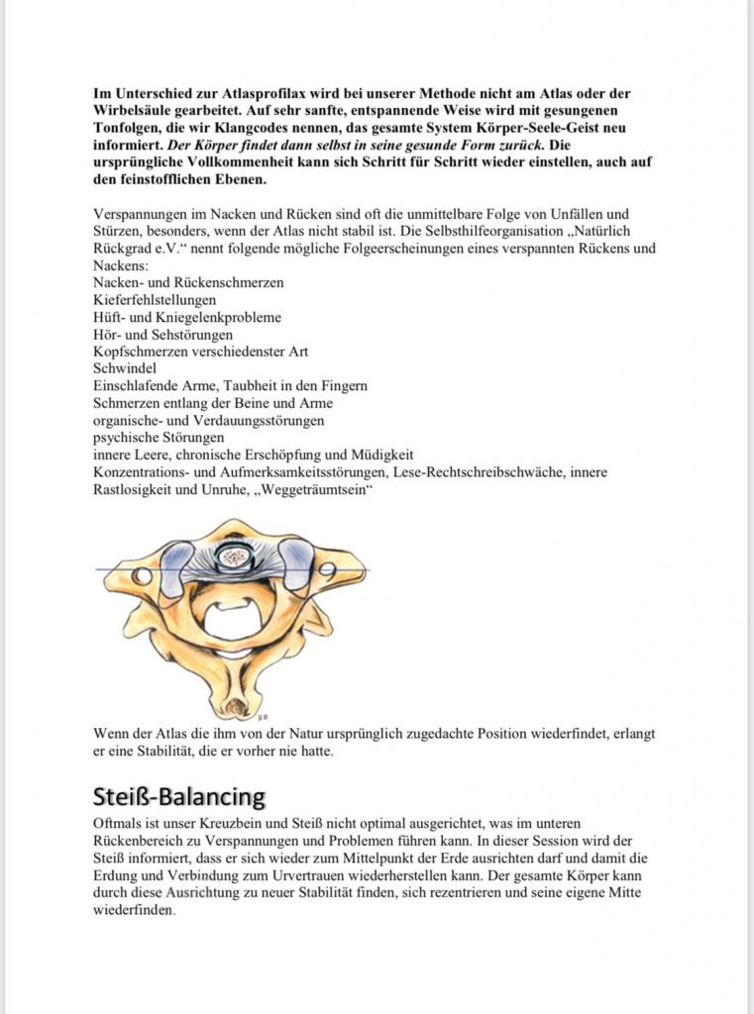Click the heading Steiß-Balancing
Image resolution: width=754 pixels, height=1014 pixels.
point(179,796)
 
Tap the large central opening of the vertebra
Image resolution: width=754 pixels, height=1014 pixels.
point(234,617)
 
